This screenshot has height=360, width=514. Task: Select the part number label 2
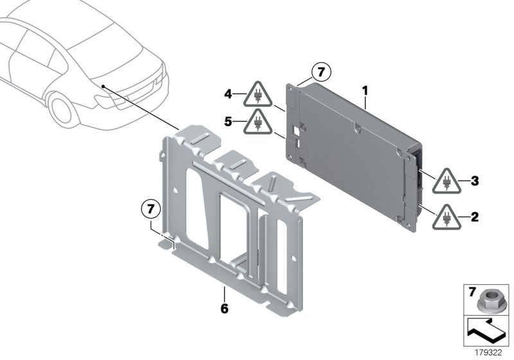(x=475, y=217)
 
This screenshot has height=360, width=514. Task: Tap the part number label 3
(x=475, y=181)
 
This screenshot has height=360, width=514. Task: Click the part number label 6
(x=224, y=309)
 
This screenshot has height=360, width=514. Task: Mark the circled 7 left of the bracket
(x=150, y=208)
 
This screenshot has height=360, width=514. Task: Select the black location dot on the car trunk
(x=102, y=84)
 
